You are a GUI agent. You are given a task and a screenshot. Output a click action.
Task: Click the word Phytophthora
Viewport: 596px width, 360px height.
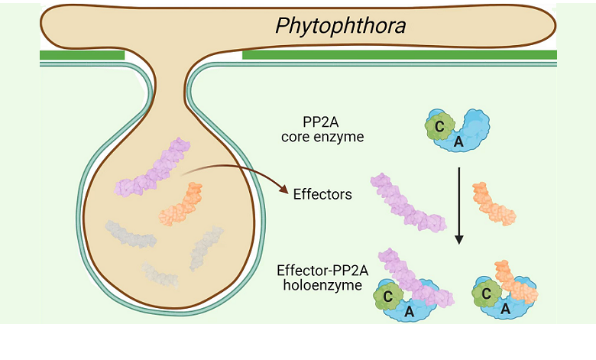(340, 27)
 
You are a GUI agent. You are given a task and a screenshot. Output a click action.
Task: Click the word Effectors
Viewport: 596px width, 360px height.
(322, 194)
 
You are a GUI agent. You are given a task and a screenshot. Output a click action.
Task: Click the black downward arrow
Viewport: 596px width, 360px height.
(459, 203)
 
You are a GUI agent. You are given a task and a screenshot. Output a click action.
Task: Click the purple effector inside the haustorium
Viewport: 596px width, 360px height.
(153, 167)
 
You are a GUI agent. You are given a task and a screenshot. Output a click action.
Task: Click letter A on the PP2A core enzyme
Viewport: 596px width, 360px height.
(459, 142)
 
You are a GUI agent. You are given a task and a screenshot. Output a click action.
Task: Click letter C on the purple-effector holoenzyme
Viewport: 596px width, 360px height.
(389, 294)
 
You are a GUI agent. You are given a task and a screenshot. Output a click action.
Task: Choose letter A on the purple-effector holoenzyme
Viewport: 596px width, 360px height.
(409, 312)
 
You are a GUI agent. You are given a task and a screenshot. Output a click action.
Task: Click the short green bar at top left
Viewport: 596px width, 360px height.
(82, 55)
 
